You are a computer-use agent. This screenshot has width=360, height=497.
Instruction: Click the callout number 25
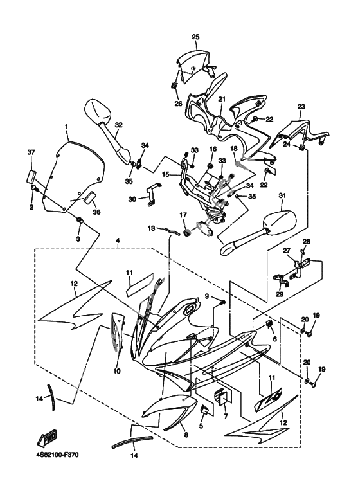pyautogui.click(x=196, y=37)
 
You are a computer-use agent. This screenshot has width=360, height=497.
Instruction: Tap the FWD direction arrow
pyautogui.click(x=47, y=438)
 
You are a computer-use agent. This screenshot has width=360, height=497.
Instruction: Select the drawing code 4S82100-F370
pyautogui.click(x=57, y=455)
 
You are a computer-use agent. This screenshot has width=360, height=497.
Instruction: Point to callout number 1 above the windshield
pyautogui.click(x=67, y=127)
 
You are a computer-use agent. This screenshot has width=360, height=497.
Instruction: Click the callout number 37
pyautogui.click(x=32, y=152)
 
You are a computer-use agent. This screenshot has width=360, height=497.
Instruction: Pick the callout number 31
pyautogui.click(x=282, y=195)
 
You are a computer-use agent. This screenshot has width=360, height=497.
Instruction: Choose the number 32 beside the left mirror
pyautogui.click(x=118, y=125)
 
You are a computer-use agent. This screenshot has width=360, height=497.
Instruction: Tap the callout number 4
pyautogui.click(x=118, y=241)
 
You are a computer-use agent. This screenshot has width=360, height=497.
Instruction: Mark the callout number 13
pyautogui.click(x=152, y=228)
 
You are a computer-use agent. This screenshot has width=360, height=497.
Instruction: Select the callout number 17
pyautogui.click(x=183, y=215)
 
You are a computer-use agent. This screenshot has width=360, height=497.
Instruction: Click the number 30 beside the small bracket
pyautogui.click(x=132, y=199)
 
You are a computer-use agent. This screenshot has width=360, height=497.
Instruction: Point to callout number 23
pyautogui.click(x=301, y=107)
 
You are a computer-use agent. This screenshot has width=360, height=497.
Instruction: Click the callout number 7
pyautogui.click(x=226, y=416)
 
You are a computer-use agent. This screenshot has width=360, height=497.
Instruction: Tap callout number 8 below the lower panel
pyautogui.click(x=186, y=435)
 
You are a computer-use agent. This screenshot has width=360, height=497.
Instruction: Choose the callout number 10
pyautogui.click(x=117, y=371)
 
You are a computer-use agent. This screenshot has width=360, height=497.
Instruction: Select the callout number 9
pyautogui.click(x=207, y=296)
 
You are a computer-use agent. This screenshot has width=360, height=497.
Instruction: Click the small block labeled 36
pyautogui.click(x=90, y=198)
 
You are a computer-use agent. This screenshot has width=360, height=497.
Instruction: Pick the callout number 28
pyautogui.click(x=306, y=242)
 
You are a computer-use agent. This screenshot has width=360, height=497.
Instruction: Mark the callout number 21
pyautogui.click(x=222, y=99)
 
